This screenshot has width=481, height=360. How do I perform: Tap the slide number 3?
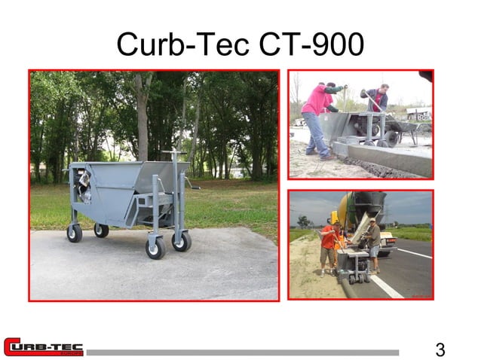click(x=440, y=349)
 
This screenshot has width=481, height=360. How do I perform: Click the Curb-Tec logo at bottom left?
click(x=43, y=347)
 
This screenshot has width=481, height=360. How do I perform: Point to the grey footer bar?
click(x=241, y=352)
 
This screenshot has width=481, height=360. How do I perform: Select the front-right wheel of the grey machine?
click(x=181, y=242)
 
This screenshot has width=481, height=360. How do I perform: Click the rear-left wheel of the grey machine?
click(x=74, y=233)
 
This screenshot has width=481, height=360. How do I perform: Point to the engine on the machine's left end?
click(x=80, y=185)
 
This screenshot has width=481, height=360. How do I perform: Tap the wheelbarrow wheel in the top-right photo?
click(x=391, y=137)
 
